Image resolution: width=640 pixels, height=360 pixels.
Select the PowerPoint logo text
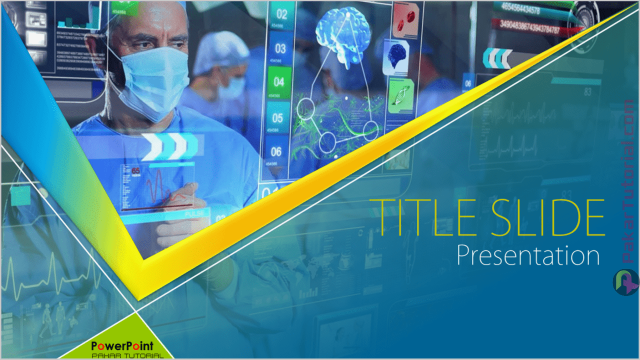point(122,345)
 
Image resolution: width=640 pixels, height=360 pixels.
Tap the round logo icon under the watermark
point(625,282)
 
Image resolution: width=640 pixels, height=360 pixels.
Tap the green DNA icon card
point(401,95)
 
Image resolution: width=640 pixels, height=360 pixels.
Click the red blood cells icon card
point(405,20)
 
